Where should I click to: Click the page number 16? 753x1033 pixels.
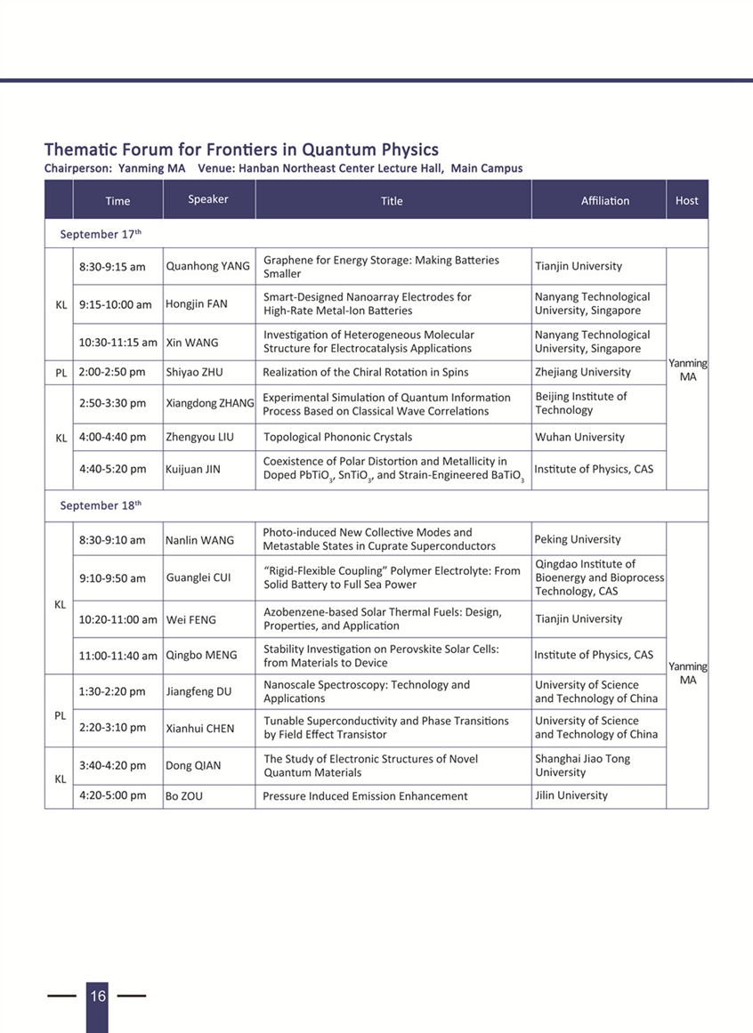97,996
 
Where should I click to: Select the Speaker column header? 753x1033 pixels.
208,199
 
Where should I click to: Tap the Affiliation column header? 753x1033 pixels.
604,201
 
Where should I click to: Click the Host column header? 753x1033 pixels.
686,200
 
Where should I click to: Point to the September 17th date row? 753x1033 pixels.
101,234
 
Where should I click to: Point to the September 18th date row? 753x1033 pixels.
101,505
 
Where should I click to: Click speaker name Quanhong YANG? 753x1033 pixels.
208,266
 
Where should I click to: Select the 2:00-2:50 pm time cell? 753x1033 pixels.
112,372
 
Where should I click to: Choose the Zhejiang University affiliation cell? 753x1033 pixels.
582,372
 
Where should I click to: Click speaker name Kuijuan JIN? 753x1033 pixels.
192,469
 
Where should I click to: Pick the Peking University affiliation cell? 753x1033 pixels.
578,539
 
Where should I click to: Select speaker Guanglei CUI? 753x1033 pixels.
198,577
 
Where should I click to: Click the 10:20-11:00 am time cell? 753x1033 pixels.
117,619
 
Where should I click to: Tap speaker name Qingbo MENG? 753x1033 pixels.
201,655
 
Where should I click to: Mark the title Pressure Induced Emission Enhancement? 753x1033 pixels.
365,796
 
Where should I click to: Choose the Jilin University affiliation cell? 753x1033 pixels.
571,795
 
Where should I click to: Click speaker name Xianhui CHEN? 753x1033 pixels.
199,728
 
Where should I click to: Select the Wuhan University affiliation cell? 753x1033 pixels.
579,437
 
